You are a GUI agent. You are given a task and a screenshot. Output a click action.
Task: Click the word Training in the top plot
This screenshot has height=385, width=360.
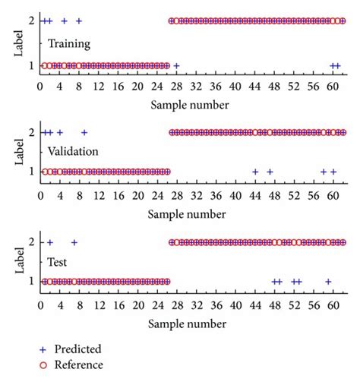click(68, 45)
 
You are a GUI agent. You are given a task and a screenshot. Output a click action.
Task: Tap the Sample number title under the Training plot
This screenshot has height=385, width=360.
click(190, 103)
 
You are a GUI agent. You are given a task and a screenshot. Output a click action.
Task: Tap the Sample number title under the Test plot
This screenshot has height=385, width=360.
click(190, 324)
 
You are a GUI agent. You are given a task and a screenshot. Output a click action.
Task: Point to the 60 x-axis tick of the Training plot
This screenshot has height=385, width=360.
click(333, 86)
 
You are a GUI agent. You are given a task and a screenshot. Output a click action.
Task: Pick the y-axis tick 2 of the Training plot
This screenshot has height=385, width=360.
click(30, 21)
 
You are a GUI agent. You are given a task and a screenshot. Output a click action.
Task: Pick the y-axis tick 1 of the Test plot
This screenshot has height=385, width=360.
click(30, 282)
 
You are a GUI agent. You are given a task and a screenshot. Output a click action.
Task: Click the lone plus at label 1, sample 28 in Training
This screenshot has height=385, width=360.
click(176, 66)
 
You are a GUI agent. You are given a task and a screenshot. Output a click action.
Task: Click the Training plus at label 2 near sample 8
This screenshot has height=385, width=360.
click(79, 21)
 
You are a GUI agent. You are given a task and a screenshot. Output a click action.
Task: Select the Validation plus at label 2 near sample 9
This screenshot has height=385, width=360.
click(84, 132)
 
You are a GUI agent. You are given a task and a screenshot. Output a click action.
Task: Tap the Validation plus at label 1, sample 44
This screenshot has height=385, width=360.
click(255, 172)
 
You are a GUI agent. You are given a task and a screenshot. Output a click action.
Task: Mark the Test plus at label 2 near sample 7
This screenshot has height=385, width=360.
click(74, 243)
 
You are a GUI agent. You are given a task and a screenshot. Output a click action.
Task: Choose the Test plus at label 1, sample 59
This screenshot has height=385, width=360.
click(328, 282)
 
